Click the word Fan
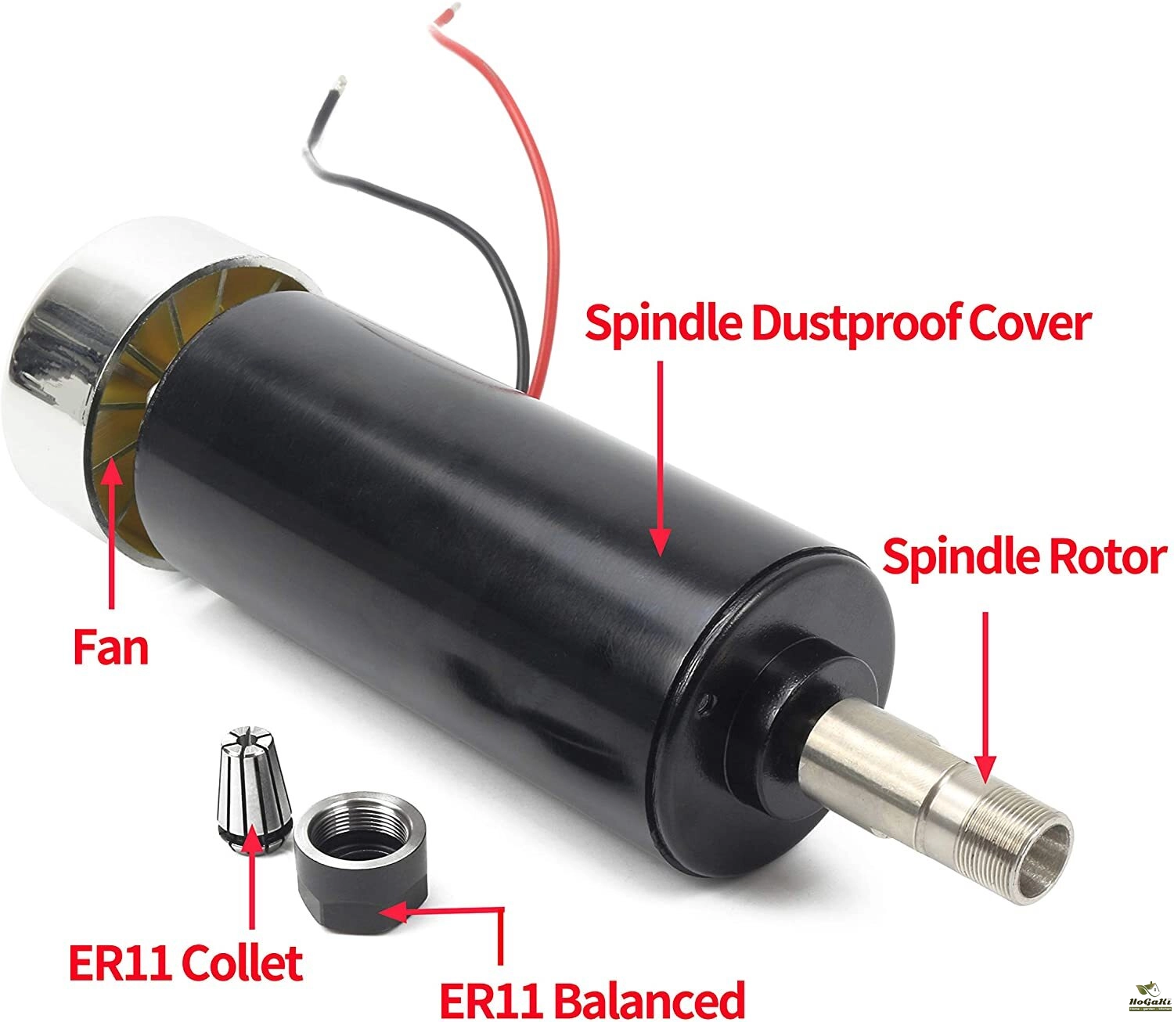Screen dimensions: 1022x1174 coord(110,649)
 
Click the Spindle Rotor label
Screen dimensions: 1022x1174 coord(1025,558)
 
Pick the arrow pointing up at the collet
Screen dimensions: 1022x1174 coord(252,876)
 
